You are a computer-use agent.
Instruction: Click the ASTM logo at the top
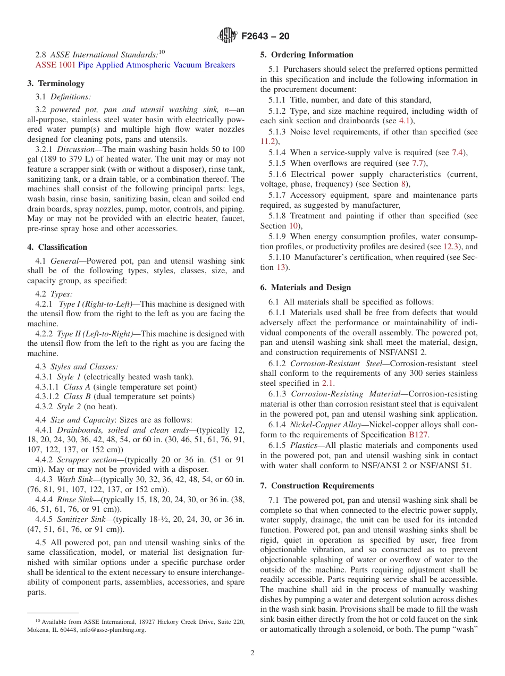click(228, 36)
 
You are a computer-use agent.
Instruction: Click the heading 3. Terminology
click(56, 83)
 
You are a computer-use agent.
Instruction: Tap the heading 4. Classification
click(57, 247)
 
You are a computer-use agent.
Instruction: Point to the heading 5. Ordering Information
click(307, 55)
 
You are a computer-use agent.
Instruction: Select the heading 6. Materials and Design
click(306, 288)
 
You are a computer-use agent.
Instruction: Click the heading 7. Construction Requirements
click(317, 486)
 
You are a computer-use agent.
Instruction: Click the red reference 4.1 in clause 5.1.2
click(405, 121)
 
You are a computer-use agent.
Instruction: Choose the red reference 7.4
click(457, 153)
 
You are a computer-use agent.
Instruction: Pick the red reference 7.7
click(418, 163)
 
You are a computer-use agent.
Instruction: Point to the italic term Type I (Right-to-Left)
click(96, 304)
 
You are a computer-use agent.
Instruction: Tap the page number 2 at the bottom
click(252, 653)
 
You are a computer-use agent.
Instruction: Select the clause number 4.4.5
click(44, 519)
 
